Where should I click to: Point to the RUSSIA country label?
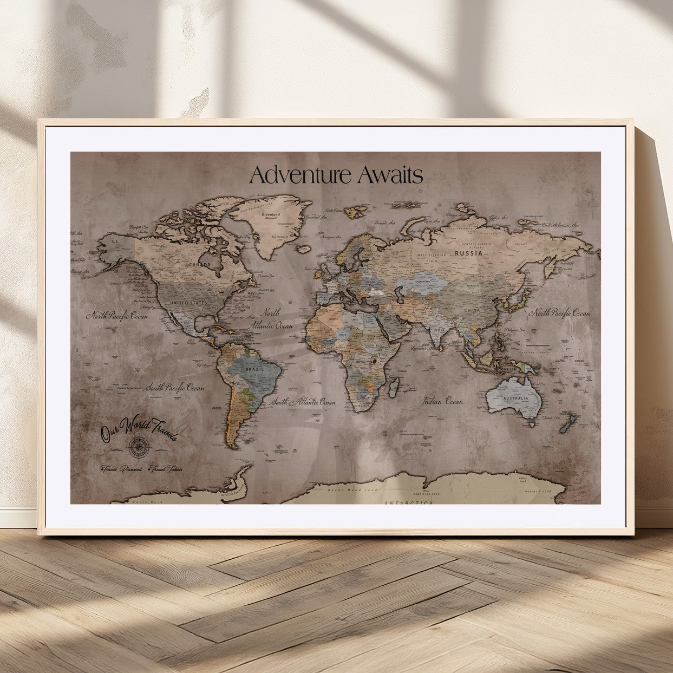pos(468,253)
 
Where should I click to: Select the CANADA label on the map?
pos(199,265)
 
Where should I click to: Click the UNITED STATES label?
pos(188,303)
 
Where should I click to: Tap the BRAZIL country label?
pos(254,369)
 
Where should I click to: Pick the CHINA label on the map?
pos(472,310)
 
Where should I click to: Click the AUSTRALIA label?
pos(515,398)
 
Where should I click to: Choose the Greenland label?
pos(271,215)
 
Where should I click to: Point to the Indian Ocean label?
pos(443,401)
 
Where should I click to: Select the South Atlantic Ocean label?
pos(303,402)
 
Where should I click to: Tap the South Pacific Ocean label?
pos(174,388)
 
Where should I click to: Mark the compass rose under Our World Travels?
pos(136,446)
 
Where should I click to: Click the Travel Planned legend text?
pos(122,469)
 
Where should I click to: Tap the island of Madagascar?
pos(394,387)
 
